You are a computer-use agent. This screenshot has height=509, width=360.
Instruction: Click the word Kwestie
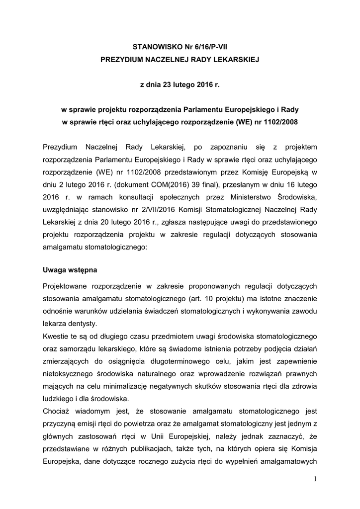(x=57, y=336)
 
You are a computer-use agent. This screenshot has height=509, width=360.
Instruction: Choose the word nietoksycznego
(x=75, y=374)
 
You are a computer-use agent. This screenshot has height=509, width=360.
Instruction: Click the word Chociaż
(x=59, y=412)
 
